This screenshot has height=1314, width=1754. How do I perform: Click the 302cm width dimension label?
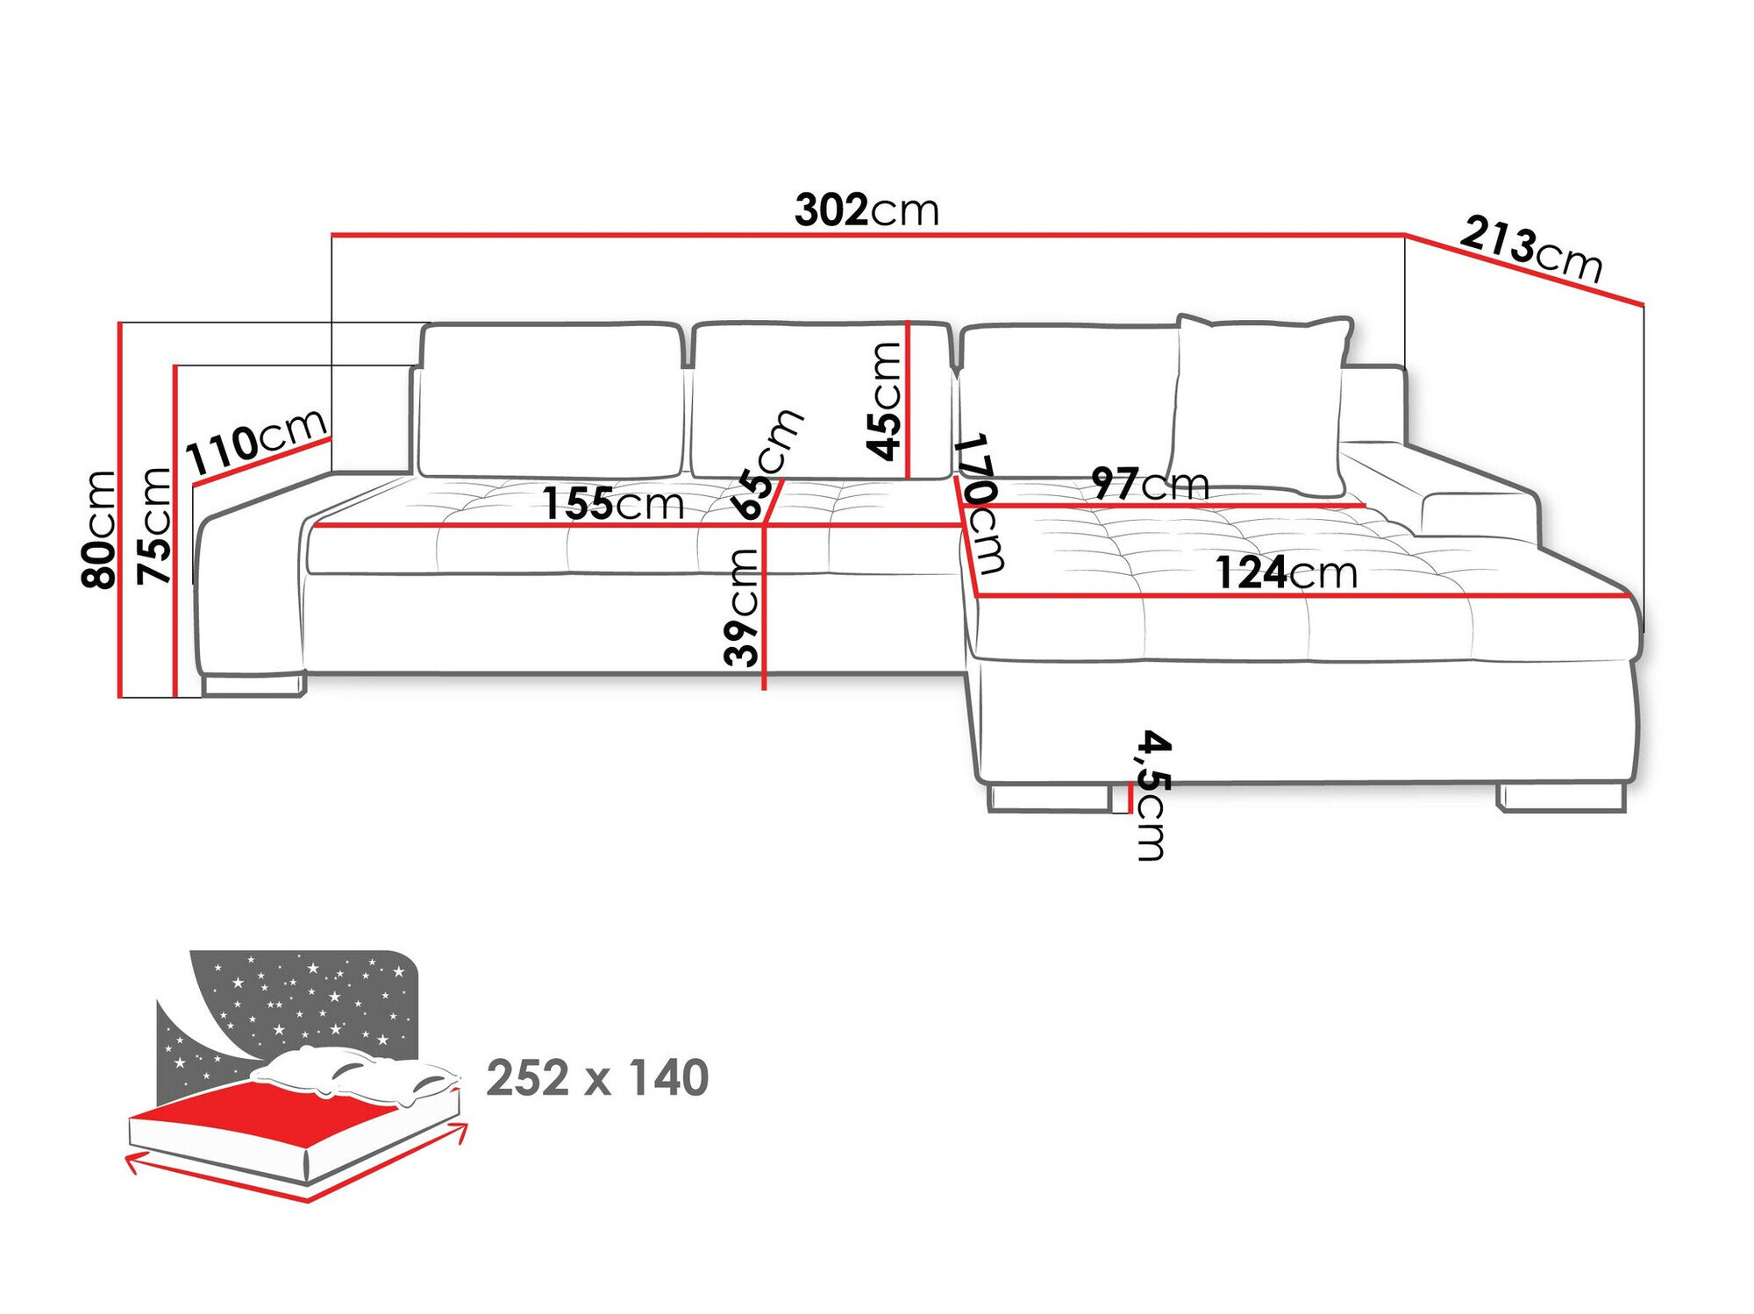tap(866, 210)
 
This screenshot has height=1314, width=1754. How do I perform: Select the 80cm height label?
tap(98, 529)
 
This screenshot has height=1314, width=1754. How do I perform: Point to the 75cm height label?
tap(155, 526)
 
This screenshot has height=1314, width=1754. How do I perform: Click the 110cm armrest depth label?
tap(257, 442)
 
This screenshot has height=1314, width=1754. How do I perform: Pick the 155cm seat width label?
tap(612, 503)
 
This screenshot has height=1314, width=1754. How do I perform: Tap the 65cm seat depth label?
tap(770, 464)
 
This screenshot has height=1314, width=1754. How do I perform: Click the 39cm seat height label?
tap(742, 607)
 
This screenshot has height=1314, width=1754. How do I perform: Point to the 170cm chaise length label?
tap(981, 502)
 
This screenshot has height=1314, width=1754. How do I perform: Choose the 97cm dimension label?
tap(1150, 483)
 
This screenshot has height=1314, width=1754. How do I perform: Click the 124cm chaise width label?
tap(1286, 572)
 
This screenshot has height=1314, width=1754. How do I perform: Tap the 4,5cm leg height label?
tap(1152, 794)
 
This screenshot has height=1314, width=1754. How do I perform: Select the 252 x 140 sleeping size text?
tap(596, 1077)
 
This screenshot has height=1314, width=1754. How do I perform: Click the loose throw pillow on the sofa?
tap(1260, 403)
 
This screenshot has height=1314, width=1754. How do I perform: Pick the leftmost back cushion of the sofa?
tap(550, 401)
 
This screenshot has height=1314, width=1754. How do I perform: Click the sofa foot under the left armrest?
tap(252, 685)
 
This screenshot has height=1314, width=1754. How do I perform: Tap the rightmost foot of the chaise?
tap(1562, 798)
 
